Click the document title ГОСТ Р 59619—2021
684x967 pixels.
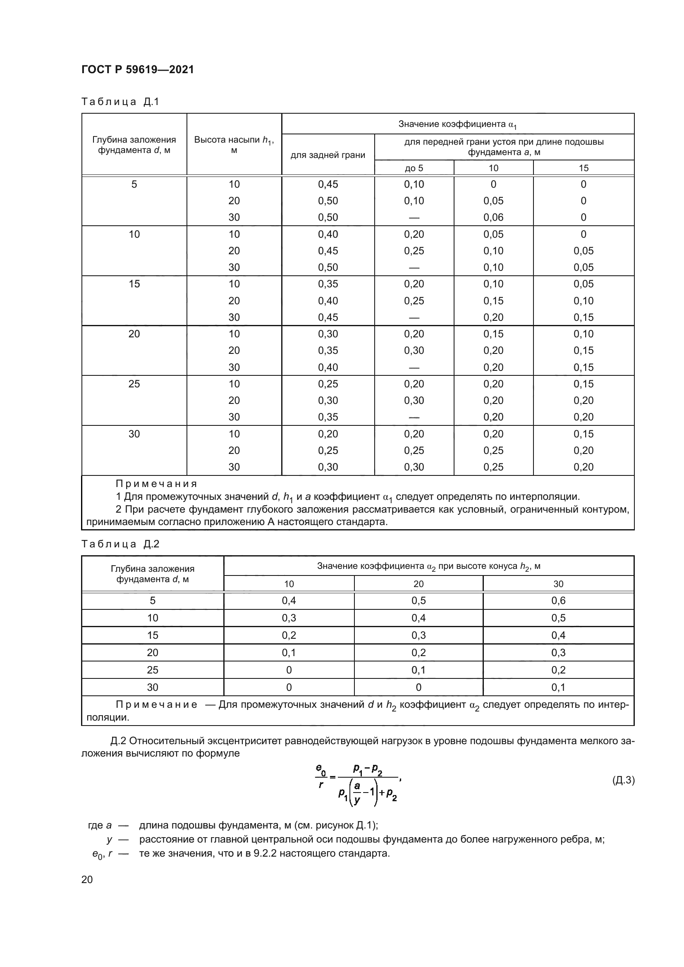point(138,69)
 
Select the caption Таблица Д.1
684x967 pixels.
point(120,102)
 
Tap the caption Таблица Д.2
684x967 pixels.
point(120,544)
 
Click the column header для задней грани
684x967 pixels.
point(328,155)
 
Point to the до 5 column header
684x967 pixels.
point(414,168)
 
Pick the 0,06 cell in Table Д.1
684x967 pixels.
point(493,217)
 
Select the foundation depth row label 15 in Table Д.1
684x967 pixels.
point(134,284)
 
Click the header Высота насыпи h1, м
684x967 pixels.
point(234,144)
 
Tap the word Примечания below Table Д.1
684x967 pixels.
point(156,484)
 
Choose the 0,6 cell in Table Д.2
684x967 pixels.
point(558,601)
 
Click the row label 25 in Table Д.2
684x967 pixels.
point(153,670)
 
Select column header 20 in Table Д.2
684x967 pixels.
point(418,584)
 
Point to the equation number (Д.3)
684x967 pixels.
point(623,780)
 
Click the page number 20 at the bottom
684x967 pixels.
point(87,879)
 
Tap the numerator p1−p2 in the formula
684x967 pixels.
point(368,770)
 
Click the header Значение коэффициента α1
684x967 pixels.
point(457,124)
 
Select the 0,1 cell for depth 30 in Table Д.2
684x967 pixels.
point(558,688)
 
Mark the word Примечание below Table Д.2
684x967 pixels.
point(156,705)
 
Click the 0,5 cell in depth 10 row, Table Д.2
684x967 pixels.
point(558,618)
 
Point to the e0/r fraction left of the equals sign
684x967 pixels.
point(321,776)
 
